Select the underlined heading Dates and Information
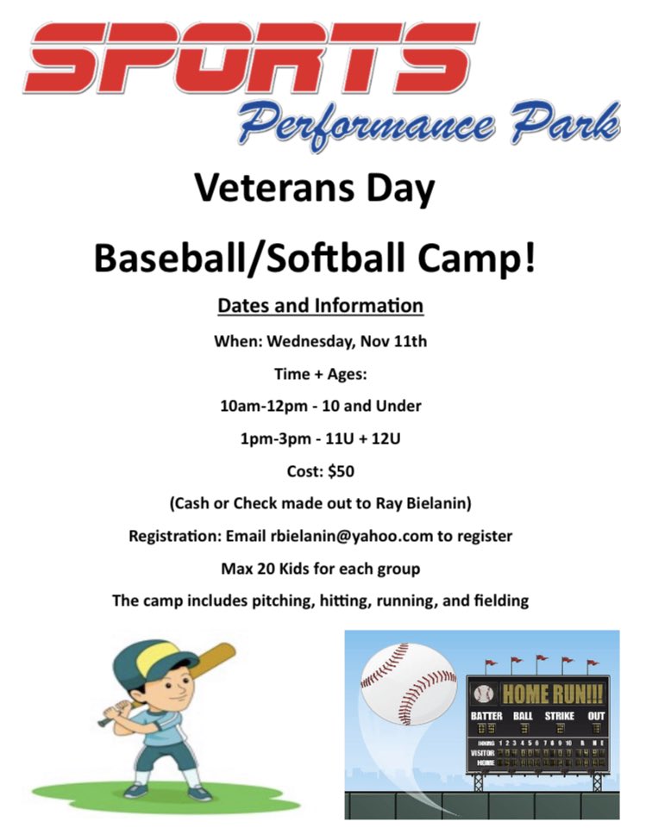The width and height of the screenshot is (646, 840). pyautogui.click(x=320, y=306)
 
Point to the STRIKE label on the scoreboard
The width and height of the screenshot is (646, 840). pyautogui.click(x=559, y=715)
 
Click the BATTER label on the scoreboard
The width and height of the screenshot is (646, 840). pyautogui.click(x=486, y=715)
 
